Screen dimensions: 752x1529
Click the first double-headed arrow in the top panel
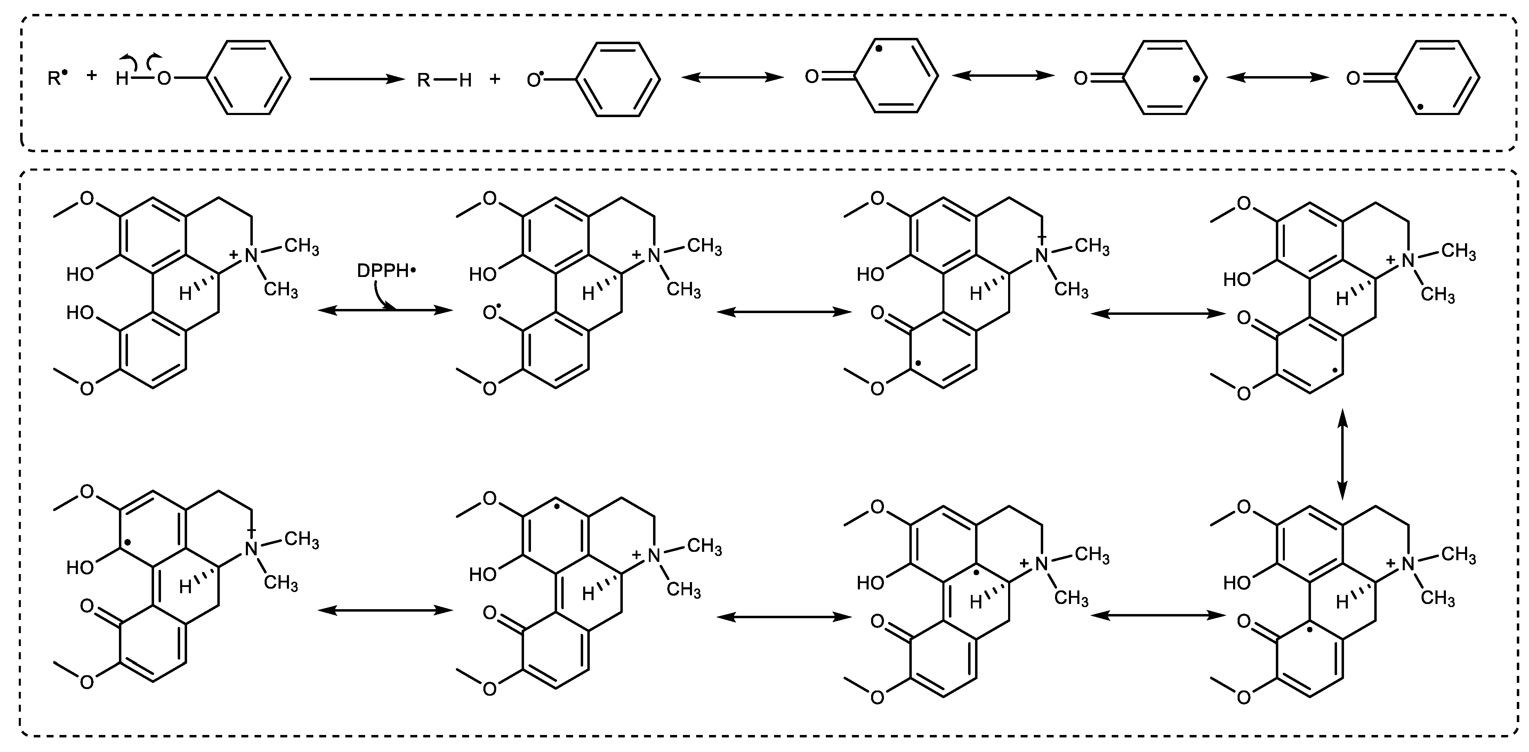click(732, 77)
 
